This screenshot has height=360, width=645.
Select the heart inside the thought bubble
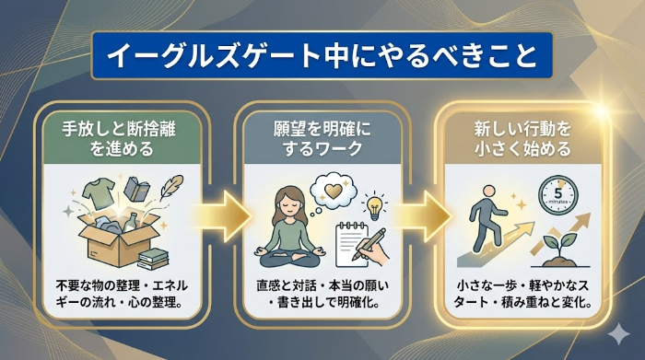tap(330, 187)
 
